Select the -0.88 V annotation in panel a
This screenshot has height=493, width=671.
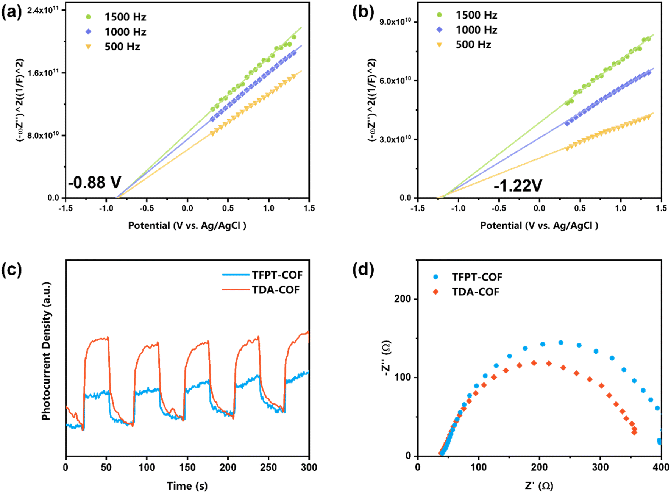click(95, 183)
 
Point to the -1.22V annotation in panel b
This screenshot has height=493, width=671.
click(518, 186)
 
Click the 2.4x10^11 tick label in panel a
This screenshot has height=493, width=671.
click(43, 10)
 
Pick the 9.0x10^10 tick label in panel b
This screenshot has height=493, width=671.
click(395, 22)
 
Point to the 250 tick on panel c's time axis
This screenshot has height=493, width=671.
click(268, 468)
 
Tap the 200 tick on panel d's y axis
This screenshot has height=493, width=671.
click(403, 299)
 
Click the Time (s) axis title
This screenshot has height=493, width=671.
click(187, 486)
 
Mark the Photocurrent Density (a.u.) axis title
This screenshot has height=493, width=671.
click(46, 351)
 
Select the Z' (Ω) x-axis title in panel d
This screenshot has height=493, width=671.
click(539, 486)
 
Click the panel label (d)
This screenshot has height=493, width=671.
click(363, 269)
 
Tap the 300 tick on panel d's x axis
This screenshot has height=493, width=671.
click(600, 468)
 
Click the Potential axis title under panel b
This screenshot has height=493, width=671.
click(539, 226)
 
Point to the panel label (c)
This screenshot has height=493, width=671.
click(12, 269)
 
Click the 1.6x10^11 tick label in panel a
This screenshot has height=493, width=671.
click(43, 73)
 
